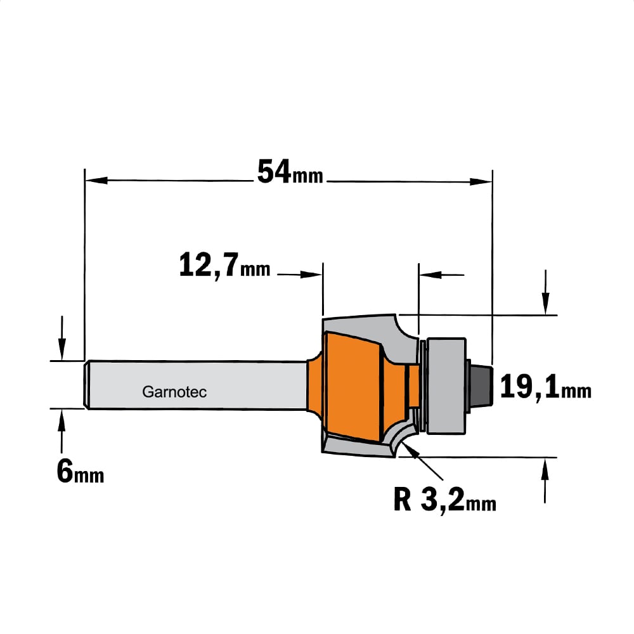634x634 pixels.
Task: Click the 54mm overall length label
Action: (290, 172)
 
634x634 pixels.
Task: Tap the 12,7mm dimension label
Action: (225, 265)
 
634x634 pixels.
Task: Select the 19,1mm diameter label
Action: (546, 387)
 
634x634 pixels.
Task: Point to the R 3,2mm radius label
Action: (445, 500)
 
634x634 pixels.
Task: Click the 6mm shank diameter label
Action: (80, 472)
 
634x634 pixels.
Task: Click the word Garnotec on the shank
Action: (174, 392)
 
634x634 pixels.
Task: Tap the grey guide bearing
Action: (446, 385)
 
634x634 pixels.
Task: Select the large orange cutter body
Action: (353, 386)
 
